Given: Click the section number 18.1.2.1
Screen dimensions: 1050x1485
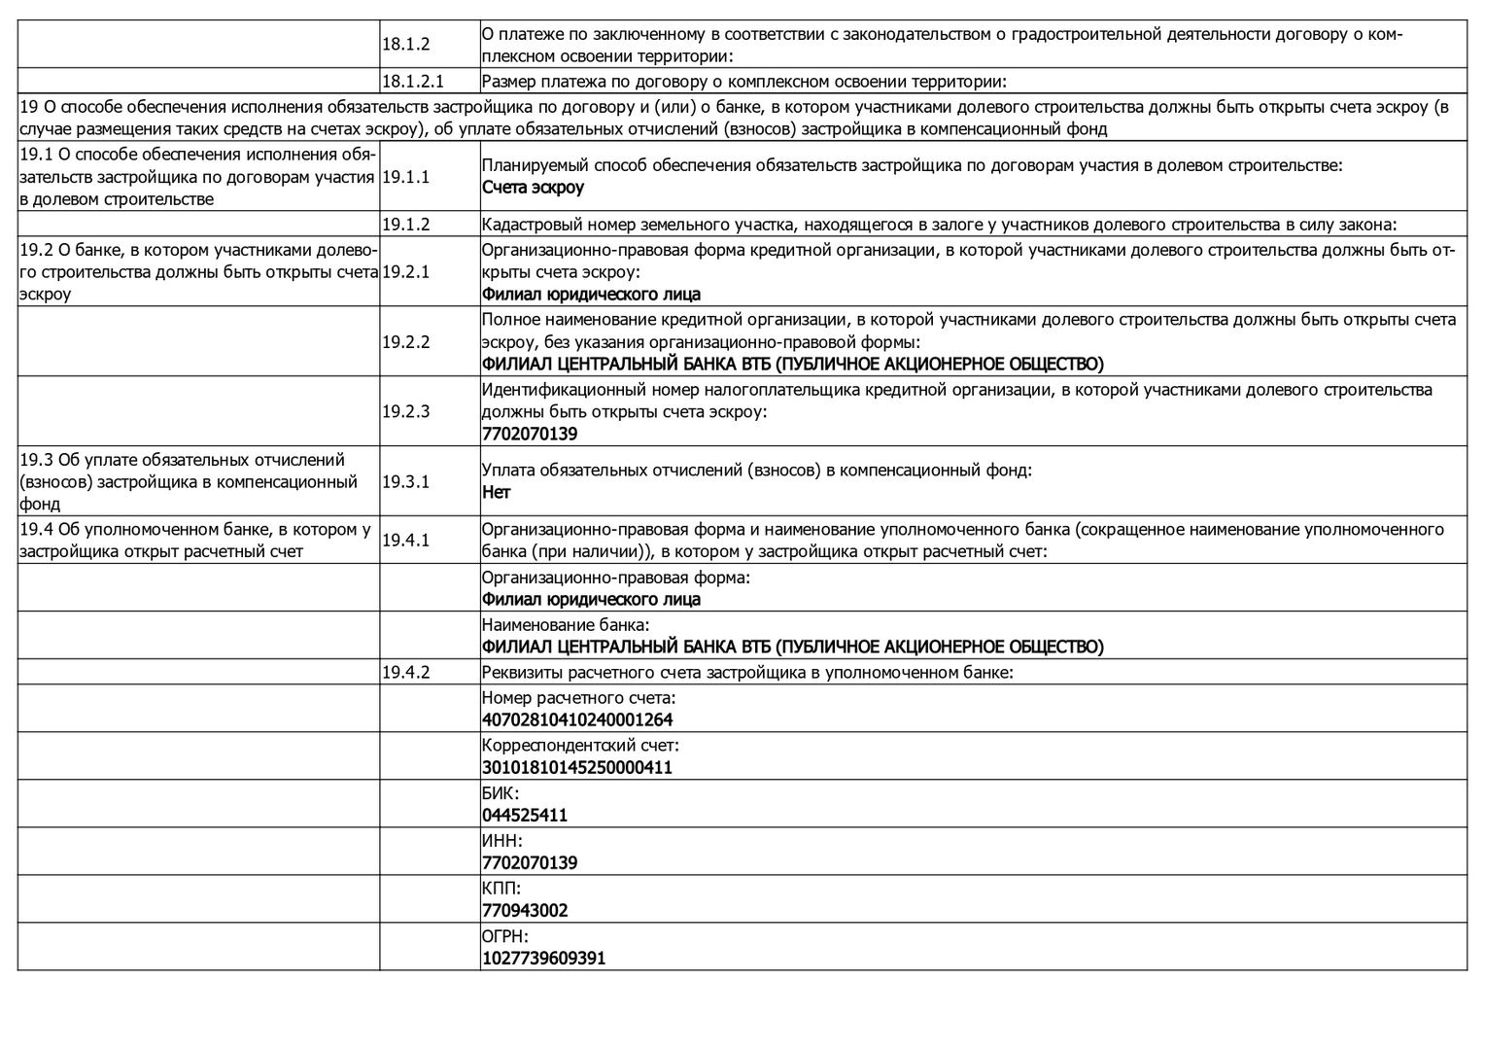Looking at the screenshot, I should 413,82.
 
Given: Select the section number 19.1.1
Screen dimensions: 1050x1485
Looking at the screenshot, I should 405,177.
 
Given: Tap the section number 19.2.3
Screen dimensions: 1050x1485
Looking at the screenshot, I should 405,411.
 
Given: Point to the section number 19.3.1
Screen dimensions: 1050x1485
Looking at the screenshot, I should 405,481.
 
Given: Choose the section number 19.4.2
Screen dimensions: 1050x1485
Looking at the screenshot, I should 405,672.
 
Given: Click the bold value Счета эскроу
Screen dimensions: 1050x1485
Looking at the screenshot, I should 533,188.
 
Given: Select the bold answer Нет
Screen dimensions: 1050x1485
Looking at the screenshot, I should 496,492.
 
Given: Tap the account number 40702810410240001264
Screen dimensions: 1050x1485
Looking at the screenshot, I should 577,720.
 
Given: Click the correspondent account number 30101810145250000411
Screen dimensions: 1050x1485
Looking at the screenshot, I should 577,768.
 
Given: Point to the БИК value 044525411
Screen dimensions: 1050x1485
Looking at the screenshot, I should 525,816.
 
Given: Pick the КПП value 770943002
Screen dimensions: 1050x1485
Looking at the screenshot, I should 525,911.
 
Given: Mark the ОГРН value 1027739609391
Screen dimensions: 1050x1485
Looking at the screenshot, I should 543,959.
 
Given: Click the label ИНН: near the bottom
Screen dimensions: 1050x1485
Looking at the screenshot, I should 501,841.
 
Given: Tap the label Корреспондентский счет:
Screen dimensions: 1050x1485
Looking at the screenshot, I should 580,746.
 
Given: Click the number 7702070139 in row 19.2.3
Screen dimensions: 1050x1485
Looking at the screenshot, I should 530,435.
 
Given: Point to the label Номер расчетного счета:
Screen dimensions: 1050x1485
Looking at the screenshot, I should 578,698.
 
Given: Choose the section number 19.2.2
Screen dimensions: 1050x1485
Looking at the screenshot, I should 405,342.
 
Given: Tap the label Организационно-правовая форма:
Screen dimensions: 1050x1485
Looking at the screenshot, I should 616,577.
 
